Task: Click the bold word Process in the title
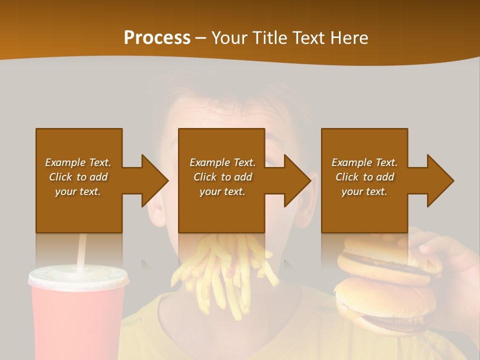pos(157,38)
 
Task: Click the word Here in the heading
pos(348,38)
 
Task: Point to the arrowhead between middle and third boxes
pos(297,180)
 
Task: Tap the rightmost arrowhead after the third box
pos(440,180)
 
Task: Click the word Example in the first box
pos(65,162)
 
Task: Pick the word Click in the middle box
pos(204,177)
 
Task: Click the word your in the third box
pos(352,191)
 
